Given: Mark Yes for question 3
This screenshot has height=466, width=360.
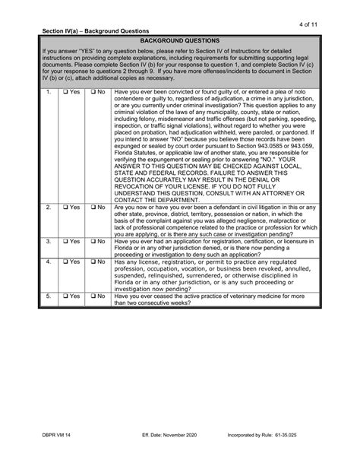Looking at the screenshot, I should [67, 242].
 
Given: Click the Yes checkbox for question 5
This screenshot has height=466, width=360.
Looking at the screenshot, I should [67, 297].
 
